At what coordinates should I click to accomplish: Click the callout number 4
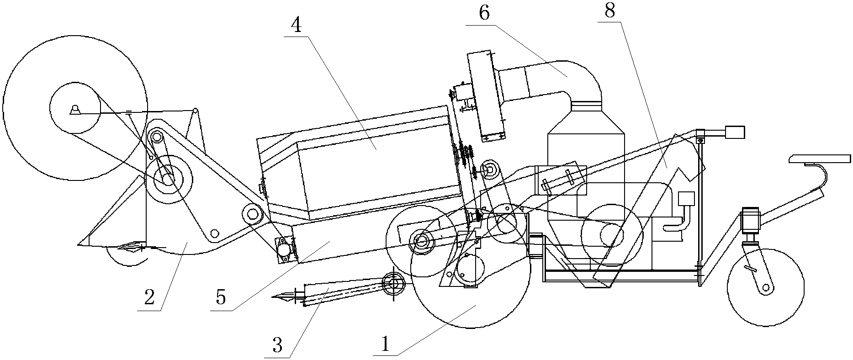click(296, 26)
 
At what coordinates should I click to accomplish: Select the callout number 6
click(484, 13)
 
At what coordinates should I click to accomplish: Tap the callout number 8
click(609, 11)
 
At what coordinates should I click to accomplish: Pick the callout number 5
click(221, 297)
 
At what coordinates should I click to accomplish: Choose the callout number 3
click(277, 345)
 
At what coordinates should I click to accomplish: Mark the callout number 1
click(385, 344)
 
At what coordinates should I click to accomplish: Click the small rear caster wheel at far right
click(765, 287)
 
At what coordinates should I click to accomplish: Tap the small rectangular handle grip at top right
click(735, 132)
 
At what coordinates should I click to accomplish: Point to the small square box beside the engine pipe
click(686, 199)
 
